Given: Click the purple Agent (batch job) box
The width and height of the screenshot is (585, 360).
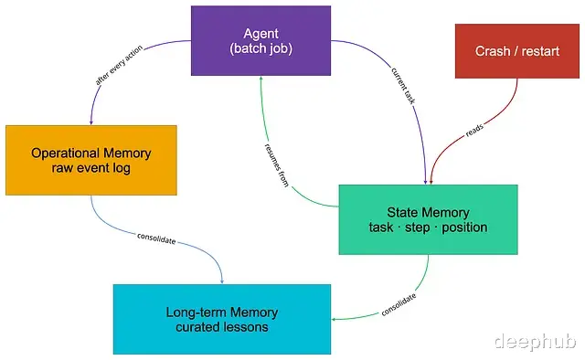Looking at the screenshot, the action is (x=261, y=41).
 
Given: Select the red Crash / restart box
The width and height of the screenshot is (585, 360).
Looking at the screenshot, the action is (x=517, y=51).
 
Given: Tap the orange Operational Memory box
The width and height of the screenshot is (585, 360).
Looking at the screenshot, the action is (x=91, y=160).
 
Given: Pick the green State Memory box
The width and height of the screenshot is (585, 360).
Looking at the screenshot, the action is (x=428, y=219).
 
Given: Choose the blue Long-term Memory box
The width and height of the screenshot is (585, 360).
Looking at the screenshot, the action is (x=222, y=319).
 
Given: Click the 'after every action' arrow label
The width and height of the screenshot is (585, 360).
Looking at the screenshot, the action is (x=119, y=65).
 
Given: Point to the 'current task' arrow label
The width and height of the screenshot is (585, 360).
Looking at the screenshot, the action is (x=403, y=85).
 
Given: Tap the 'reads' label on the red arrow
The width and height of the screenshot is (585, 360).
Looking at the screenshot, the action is (x=474, y=130).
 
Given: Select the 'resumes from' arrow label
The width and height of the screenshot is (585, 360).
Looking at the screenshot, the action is (x=276, y=164).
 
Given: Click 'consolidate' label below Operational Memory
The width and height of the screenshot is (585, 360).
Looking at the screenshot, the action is (x=156, y=238).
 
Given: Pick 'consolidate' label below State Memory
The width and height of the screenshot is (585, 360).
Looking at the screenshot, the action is (x=399, y=305).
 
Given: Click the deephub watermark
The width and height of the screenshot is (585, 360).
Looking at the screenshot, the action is (x=535, y=341).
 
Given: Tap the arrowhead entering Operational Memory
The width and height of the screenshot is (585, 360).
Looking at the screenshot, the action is (x=91, y=122).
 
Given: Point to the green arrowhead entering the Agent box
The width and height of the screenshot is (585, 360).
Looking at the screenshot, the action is (x=261, y=79).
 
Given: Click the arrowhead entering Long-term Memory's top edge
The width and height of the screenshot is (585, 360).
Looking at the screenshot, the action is (x=222, y=281).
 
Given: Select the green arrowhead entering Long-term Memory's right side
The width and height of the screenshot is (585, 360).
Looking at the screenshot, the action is (x=334, y=319).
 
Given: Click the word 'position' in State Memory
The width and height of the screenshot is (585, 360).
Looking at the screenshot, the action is (x=464, y=228).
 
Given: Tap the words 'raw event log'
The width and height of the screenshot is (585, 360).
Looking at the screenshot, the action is (x=91, y=168).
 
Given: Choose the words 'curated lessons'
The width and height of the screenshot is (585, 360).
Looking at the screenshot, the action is (x=222, y=327).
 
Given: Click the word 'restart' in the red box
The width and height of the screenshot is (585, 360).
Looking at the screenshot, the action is (x=540, y=51).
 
